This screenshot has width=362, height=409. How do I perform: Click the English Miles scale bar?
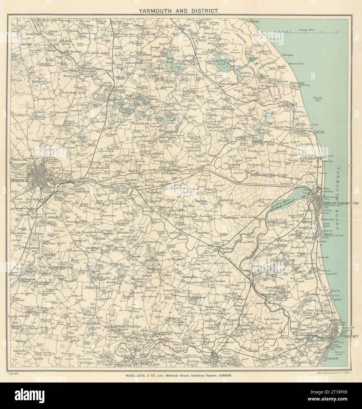point(306,31)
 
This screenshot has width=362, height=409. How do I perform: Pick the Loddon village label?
point(167,275)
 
